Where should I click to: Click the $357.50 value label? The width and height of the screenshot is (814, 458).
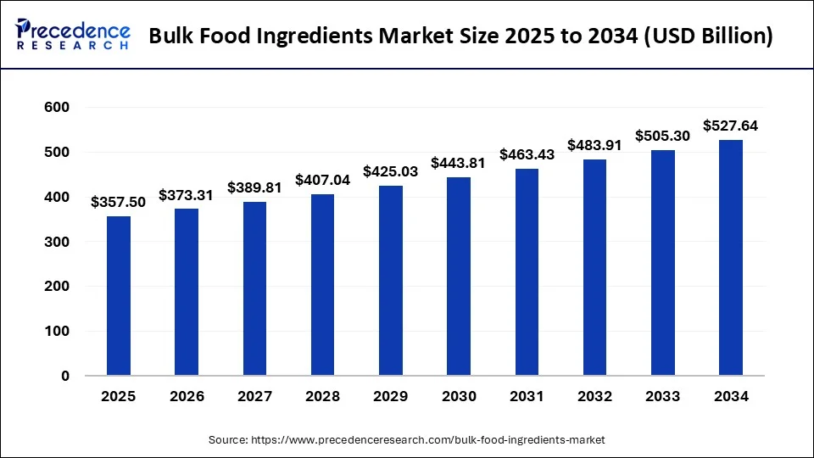coord(118,201)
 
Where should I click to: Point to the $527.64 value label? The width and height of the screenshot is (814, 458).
coord(730,126)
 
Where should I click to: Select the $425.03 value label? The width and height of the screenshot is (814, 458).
coord(390,171)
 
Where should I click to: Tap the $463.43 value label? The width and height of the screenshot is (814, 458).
coord(527,154)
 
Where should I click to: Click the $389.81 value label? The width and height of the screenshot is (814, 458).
coord(254,187)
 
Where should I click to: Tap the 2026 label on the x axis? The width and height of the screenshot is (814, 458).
coord(187,396)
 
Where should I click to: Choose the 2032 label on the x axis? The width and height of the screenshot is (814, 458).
coord(594,396)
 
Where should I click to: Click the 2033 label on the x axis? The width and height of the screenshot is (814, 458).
coord(662,396)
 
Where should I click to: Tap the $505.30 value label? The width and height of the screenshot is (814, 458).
coord(662,136)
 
